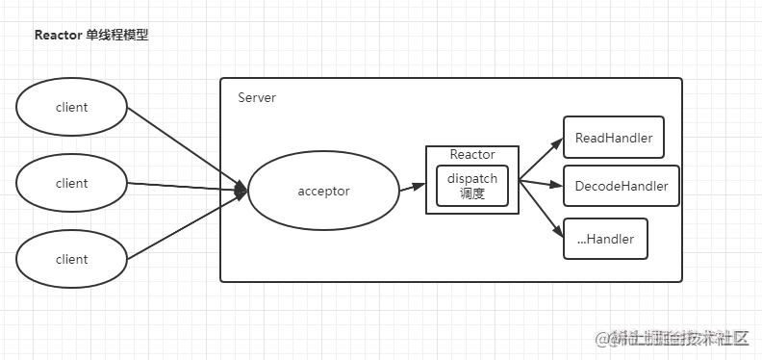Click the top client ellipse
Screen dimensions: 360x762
click(72, 108)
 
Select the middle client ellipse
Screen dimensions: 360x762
click(72, 183)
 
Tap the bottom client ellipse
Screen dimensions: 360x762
click(72, 259)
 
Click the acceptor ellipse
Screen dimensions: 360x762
click(323, 191)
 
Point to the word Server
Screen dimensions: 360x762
click(257, 98)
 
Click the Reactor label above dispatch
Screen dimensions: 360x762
click(472, 155)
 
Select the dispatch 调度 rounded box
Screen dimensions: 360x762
click(472, 186)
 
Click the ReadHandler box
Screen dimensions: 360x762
click(613, 138)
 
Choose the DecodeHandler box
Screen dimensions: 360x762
click(621, 185)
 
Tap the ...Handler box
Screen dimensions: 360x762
click(605, 239)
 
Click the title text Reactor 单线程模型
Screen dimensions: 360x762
click(91, 36)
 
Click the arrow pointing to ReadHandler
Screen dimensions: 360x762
click(541, 159)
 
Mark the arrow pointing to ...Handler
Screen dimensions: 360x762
click(541, 206)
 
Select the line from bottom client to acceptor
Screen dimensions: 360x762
click(183, 225)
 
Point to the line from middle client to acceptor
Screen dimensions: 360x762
click(183, 187)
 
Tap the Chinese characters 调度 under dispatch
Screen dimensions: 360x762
click(472, 193)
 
